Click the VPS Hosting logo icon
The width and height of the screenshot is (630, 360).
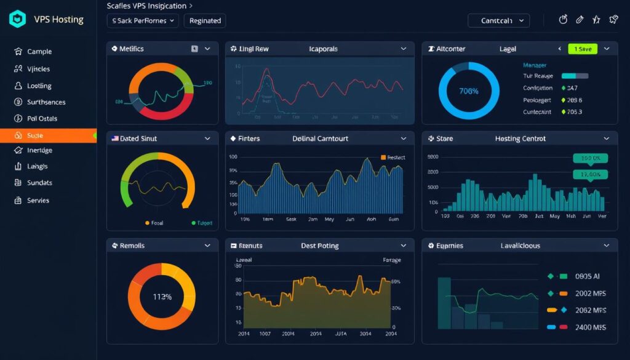click(18, 19)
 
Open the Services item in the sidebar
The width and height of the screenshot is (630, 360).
click(38, 201)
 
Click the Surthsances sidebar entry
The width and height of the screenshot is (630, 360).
click(46, 102)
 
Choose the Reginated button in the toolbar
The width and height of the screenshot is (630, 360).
click(205, 21)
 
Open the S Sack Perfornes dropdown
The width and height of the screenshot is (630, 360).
click(143, 21)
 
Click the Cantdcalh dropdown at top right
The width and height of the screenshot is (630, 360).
click(498, 21)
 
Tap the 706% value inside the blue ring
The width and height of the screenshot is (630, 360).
click(469, 90)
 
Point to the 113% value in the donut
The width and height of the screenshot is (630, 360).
click(162, 297)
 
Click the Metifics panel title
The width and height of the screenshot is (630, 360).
click(132, 49)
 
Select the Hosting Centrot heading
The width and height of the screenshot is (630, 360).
click(520, 139)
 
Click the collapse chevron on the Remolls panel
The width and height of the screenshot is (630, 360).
click(207, 246)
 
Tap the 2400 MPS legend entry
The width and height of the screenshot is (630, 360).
click(590, 327)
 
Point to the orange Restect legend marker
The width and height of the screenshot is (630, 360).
click(383, 158)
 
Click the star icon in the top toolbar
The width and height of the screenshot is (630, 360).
click(596, 20)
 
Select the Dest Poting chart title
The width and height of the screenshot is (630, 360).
click(319, 246)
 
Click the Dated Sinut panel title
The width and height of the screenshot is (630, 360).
click(138, 139)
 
